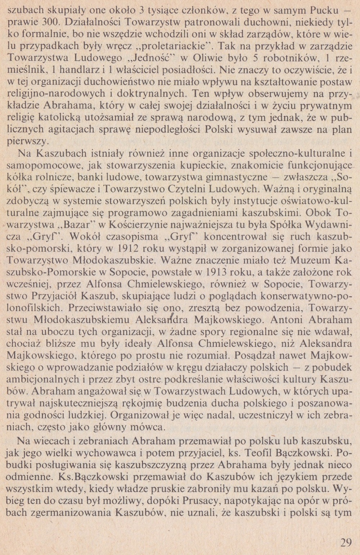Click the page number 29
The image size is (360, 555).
click(x=346, y=542)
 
